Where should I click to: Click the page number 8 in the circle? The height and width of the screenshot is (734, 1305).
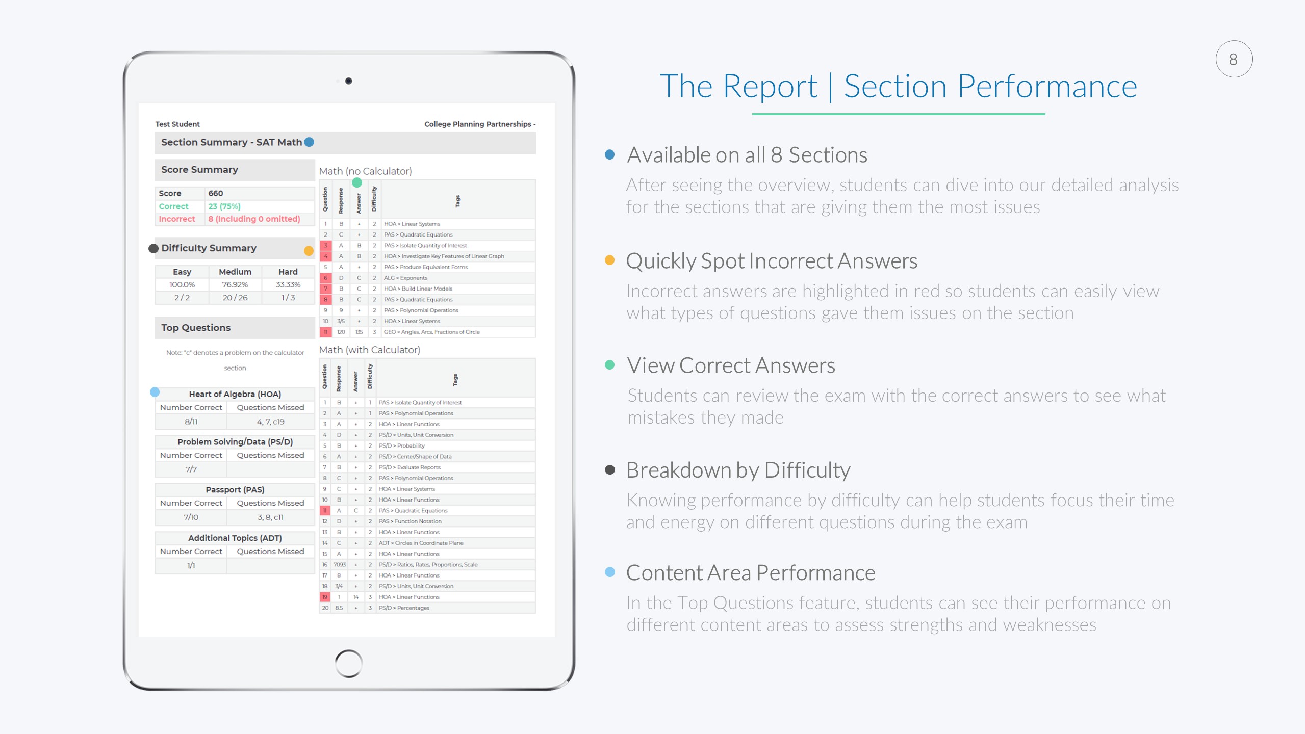pyautogui.click(x=1233, y=60)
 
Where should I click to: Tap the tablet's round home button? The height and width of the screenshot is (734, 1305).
pyautogui.click(x=349, y=664)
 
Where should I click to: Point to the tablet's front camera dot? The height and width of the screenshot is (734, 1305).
pyautogui.click(x=349, y=81)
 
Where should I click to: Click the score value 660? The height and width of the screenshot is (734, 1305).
pyautogui.click(x=216, y=193)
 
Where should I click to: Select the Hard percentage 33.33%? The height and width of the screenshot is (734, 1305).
pyautogui.click(x=288, y=284)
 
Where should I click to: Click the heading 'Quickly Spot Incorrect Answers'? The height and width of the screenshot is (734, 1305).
pyautogui.click(x=772, y=261)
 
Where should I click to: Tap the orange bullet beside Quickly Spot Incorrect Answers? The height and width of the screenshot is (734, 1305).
pyautogui.click(x=609, y=260)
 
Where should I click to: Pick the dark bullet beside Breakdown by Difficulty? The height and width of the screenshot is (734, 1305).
pyautogui.click(x=609, y=469)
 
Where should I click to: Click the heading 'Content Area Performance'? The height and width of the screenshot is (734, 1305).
pyautogui.click(x=751, y=573)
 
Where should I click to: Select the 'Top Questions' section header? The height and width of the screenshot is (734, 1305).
pyautogui.click(x=196, y=328)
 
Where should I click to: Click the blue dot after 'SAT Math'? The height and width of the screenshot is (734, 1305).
pyautogui.click(x=309, y=142)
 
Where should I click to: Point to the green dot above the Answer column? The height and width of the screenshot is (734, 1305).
pyautogui.click(x=357, y=182)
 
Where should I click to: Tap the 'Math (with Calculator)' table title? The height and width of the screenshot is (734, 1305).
pyautogui.click(x=370, y=350)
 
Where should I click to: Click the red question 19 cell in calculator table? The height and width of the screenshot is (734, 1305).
pyautogui.click(x=325, y=597)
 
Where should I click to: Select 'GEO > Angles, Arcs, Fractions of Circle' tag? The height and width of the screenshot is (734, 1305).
pyautogui.click(x=432, y=332)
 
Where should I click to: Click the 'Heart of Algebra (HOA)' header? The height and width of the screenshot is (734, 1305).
pyautogui.click(x=235, y=394)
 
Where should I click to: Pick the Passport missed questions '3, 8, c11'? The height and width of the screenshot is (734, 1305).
pyautogui.click(x=270, y=517)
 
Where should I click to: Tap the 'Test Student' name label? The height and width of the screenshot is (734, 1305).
pyautogui.click(x=177, y=124)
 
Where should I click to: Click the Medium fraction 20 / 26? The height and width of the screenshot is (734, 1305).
pyautogui.click(x=235, y=298)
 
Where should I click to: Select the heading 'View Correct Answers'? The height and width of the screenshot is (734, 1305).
pyautogui.click(x=731, y=365)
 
